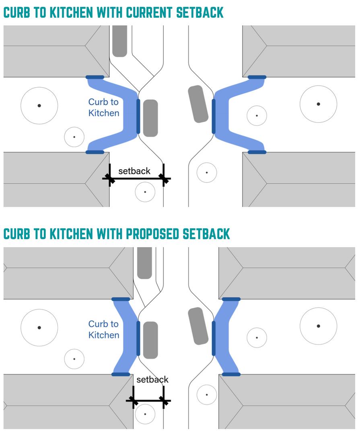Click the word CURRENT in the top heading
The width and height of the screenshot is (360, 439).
click(150, 12)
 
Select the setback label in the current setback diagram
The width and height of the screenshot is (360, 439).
click(134, 171)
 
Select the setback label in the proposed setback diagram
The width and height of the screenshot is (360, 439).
click(152, 380)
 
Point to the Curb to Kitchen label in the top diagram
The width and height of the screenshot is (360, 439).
click(104, 108)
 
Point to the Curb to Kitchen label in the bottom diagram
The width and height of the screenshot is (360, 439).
click(104, 329)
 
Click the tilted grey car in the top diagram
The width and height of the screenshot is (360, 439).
click(198, 104)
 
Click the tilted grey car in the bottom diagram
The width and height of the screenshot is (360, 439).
click(198, 326)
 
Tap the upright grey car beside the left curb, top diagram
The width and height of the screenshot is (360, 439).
click(150, 118)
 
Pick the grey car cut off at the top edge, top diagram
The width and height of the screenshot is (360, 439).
click(120, 41)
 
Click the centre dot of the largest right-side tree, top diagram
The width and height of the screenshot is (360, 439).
click(318, 104)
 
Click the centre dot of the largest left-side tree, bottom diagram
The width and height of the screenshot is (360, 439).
click(39, 328)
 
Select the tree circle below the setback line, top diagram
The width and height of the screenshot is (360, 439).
click(145, 192)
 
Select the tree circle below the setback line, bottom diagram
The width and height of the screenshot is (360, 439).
click(145, 414)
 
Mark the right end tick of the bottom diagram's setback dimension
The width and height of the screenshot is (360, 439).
click(163, 400)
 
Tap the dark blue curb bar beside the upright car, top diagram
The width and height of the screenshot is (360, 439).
click(138, 116)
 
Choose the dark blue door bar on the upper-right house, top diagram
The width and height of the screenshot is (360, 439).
click(257, 77)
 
